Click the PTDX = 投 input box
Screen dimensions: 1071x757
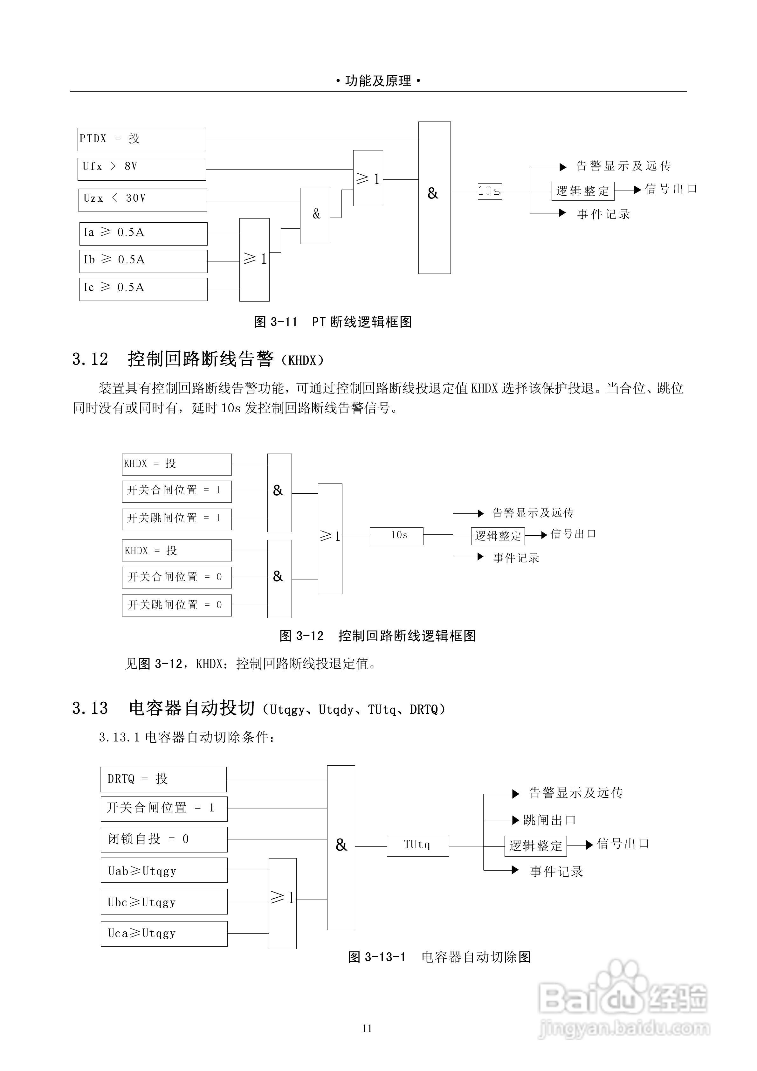click(141, 139)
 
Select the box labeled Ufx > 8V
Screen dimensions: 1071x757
click(141, 169)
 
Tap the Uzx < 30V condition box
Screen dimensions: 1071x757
click(142, 200)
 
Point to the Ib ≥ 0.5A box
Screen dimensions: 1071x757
click(143, 261)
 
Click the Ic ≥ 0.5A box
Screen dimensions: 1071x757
click(143, 289)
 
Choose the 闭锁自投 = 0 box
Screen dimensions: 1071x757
click(164, 840)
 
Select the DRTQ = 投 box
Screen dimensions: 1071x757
click(163, 779)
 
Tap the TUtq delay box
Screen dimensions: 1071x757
click(418, 846)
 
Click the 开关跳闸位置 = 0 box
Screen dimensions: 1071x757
click(177, 605)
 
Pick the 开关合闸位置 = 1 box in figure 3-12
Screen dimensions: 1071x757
click(177, 491)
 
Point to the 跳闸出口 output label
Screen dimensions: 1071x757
click(550, 820)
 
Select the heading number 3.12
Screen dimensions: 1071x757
click(90, 359)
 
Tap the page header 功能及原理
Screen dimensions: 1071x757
click(378, 81)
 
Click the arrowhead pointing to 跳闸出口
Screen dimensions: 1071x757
click(516, 820)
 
